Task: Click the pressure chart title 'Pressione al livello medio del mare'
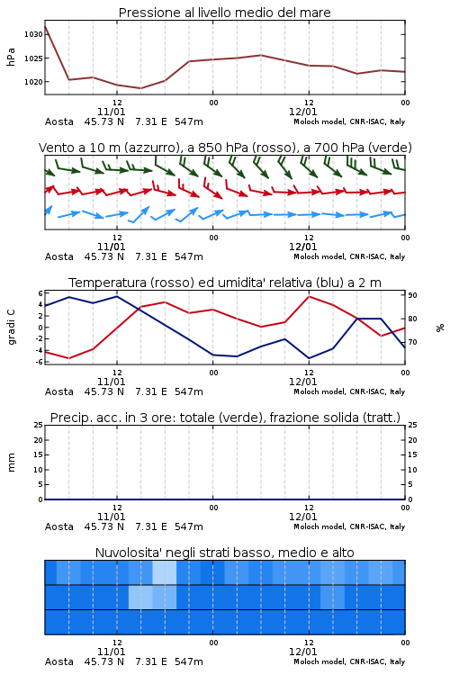tap(224, 13)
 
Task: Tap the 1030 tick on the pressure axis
tap(33, 34)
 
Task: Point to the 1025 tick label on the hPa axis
tap(33, 58)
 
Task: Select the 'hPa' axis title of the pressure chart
tap(11, 58)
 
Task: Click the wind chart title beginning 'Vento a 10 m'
tap(225, 148)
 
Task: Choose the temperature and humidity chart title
tap(225, 283)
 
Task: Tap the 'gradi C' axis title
tap(11, 328)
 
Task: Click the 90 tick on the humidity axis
tap(412, 295)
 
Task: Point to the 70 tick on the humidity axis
tap(412, 342)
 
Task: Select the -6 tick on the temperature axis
tap(40, 362)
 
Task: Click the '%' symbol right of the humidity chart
tap(440, 328)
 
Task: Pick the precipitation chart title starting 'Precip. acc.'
tap(225, 418)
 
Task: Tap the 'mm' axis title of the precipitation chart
tap(11, 463)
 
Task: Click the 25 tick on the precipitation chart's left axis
tap(39, 425)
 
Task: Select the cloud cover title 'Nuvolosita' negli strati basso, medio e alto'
tap(224, 553)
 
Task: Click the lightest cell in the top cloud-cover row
tap(165, 572)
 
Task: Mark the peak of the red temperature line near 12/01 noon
tap(310, 296)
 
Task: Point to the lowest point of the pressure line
tap(140, 88)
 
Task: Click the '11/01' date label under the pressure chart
tap(111, 112)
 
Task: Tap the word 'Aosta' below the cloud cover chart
tap(59, 661)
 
